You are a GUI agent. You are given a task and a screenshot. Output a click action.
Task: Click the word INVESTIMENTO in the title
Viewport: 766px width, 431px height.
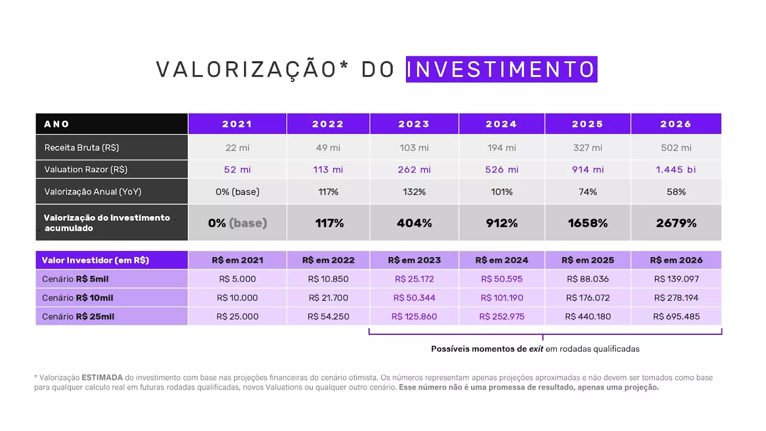coord(501,69)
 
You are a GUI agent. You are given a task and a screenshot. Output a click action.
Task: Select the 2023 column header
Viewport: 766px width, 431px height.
coord(414,124)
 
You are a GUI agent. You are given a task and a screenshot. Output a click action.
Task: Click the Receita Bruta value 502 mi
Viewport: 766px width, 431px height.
coord(676,148)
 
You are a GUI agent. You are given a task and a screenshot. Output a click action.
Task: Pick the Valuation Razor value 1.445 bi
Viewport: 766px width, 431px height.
coord(676,170)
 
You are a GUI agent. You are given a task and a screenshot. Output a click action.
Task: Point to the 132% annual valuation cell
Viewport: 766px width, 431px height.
coord(414,192)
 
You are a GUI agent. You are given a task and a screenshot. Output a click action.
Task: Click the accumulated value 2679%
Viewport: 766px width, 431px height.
coord(676,223)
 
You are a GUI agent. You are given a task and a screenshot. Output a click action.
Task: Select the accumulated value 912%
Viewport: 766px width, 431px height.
coord(502,223)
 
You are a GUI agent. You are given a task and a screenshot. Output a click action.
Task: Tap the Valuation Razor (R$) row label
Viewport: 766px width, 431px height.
coord(86,170)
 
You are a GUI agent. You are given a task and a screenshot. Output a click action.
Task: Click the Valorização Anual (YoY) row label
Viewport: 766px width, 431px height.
coord(93,192)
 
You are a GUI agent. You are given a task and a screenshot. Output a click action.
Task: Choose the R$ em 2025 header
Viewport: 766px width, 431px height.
coord(587,260)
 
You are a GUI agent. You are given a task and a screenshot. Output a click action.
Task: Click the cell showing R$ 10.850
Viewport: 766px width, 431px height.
coord(328,279)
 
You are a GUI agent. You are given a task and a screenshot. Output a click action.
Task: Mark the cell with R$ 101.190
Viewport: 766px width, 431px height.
coord(502,298)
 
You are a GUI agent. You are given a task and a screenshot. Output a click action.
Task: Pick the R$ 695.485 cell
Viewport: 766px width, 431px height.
coord(676,317)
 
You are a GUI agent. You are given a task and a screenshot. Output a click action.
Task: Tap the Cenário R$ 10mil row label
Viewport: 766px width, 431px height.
coord(78,298)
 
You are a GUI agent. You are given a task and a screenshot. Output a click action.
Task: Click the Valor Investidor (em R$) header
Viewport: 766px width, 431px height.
coord(95,260)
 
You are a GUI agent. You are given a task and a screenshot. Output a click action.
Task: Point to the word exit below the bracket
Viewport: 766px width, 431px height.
coord(536,349)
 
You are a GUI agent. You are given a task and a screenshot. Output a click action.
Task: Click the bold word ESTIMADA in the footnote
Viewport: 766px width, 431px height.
coord(102,377)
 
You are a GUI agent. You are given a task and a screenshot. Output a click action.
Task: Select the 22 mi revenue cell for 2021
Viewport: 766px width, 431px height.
coord(237,148)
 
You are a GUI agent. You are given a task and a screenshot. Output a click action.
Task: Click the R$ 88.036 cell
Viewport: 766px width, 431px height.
coord(587,279)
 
